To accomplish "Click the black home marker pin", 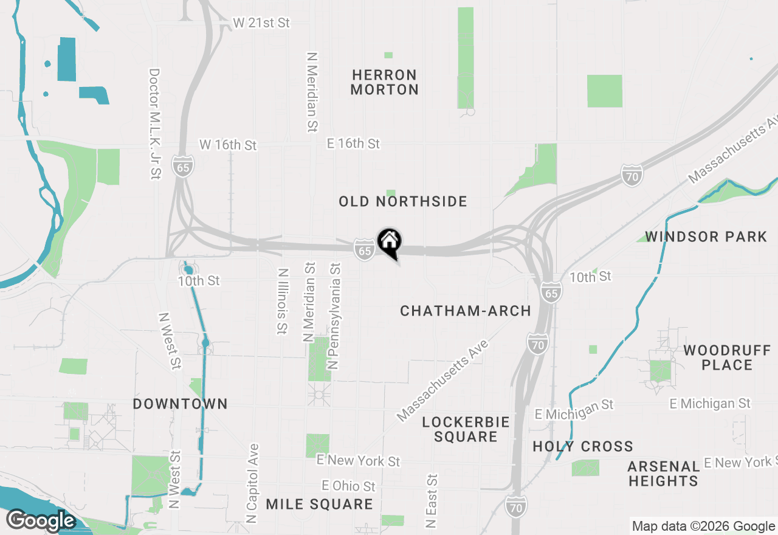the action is tap(389, 242).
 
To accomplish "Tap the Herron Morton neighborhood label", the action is tap(385, 82).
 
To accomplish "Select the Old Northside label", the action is tap(403, 201).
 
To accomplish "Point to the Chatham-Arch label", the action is tap(466, 311).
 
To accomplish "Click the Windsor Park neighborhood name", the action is tap(706, 236).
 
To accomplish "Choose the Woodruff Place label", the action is tap(727, 357).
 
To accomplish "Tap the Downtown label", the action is tap(181, 404).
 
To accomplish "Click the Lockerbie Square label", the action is tap(466, 429).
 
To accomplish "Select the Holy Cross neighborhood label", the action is tap(583, 446).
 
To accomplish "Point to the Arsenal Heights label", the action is tap(664, 474).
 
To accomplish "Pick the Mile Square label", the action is tap(320, 504).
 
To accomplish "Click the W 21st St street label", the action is tap(261, 23).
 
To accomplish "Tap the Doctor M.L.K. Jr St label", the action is tap(154, 123).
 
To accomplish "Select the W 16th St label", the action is tap(228, 145).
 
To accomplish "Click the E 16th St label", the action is tap(353, 143).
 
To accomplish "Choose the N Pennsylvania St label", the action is tap(334, 316).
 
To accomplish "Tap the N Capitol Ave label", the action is tap(253, 484).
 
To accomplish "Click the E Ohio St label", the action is tap(349, 486).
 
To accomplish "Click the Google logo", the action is tap(41, 520).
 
